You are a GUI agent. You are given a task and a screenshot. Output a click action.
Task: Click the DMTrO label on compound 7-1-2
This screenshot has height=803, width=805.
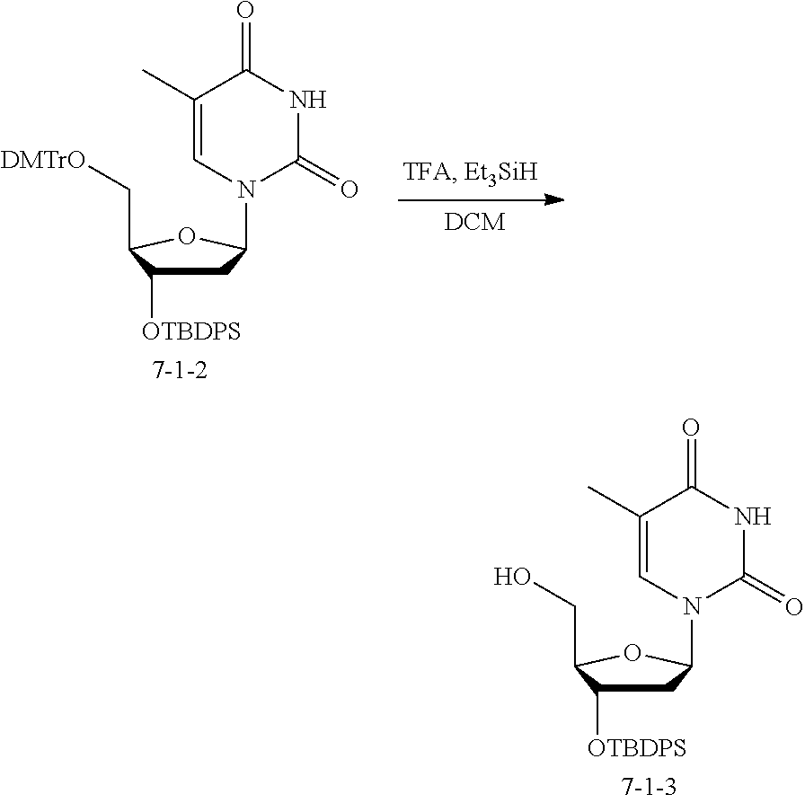(x=44, y=161)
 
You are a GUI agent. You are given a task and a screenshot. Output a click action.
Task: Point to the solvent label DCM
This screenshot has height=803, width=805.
(x=473, y=222)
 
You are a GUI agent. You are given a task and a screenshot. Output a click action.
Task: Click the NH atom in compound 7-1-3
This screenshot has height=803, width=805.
(x=752, y=516)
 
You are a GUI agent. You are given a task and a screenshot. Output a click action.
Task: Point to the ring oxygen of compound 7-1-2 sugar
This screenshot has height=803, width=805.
(x=187, y=237)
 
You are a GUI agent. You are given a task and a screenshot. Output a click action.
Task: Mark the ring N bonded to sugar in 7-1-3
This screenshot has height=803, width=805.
(x=692, y=607)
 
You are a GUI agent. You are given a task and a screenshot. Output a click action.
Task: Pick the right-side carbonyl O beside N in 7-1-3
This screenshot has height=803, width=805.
(x=793, y=607)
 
